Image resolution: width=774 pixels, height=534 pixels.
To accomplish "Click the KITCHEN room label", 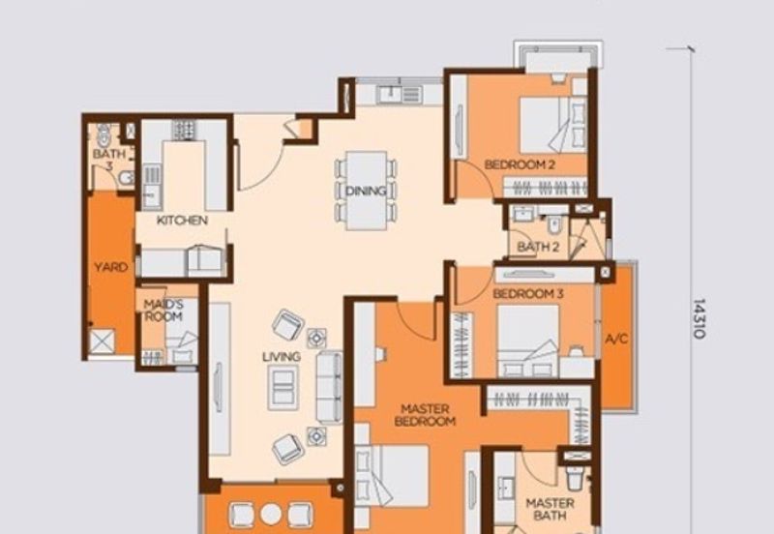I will click(x=182, y=221).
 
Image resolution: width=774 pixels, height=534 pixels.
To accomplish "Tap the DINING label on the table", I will click(x=366, y=191).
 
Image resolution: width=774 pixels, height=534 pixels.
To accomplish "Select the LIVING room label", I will click(x=281, y=357).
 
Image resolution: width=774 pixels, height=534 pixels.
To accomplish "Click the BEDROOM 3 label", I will click(x=527, y=293).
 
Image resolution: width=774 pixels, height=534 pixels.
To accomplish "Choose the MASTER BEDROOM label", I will click(x=426, y=415).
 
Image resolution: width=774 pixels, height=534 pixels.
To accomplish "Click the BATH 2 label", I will click(x=539, y=247).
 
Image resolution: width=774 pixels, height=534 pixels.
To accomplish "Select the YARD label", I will click(x=109, y=267).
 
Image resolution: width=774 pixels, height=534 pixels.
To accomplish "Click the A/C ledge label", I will click(x=616, y=339).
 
